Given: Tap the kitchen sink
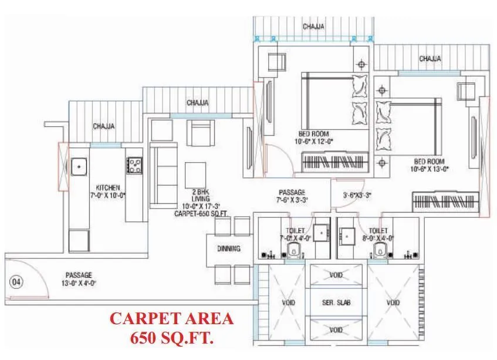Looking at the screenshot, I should (79, 167).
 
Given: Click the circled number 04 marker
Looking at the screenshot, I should (16, 282).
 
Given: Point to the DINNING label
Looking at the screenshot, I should (229, 248).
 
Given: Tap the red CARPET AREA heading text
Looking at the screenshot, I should (172, 319).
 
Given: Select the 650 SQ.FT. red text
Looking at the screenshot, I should (172, 338).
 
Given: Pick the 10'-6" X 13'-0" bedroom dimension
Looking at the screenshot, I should (430, 169).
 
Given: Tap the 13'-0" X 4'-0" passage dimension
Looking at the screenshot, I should (79, 282).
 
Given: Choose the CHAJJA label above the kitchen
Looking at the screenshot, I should (104, 126).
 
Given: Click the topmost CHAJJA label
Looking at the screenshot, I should (315, 27).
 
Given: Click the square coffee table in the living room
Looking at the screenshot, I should (195, 173).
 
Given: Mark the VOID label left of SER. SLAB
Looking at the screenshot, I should (288, 303).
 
